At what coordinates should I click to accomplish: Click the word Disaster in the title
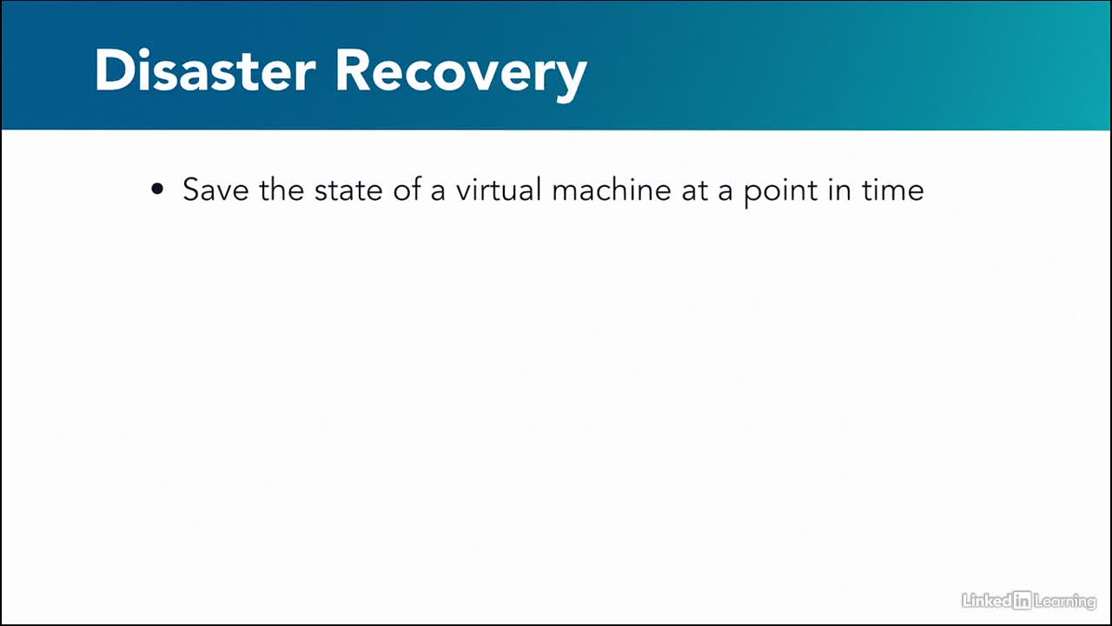pos(205,70)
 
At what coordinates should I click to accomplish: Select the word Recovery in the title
pos(461,76)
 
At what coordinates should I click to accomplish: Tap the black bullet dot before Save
pos(157,189)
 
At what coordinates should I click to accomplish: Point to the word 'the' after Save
pos(281,189)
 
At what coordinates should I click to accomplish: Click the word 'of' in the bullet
pos(407,189)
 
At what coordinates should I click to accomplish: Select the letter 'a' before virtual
pos(438,192)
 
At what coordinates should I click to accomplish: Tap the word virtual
pos(499,189)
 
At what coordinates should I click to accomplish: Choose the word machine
pos(612,189)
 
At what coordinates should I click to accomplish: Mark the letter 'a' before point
pos(725,192)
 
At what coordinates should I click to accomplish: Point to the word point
pos(780,193)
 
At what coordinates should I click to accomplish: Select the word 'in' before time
pos(839,190)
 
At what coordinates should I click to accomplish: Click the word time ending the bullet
pos(892,190)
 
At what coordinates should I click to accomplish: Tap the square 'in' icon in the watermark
pos(1023,601)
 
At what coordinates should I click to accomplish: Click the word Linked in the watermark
pos(987,601)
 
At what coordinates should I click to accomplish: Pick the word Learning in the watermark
pos(1065,602)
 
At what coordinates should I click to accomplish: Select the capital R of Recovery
pos(353,70)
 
